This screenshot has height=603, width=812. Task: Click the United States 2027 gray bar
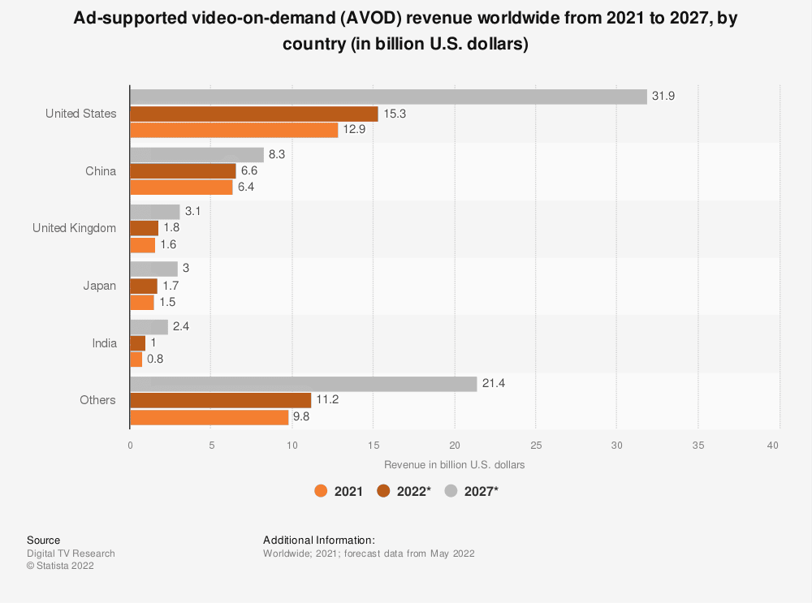388,97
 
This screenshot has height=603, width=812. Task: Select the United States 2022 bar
254,114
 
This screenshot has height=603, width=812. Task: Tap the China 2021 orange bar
181,187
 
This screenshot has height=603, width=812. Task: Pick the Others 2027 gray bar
303,384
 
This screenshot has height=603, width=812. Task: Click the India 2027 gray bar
149,326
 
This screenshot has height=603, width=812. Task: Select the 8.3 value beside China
277,154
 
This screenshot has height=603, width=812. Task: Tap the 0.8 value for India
155,359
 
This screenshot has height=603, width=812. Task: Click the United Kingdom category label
74,228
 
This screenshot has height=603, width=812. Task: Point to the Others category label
97,400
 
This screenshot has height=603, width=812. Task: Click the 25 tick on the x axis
536,445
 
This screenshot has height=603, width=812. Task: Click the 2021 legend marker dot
322,491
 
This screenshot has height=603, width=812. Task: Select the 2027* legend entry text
481,491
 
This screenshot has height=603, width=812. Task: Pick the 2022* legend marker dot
384,491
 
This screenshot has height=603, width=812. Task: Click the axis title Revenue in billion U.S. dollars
454,465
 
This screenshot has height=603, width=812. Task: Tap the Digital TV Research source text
71,553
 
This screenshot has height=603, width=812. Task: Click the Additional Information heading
318,540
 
